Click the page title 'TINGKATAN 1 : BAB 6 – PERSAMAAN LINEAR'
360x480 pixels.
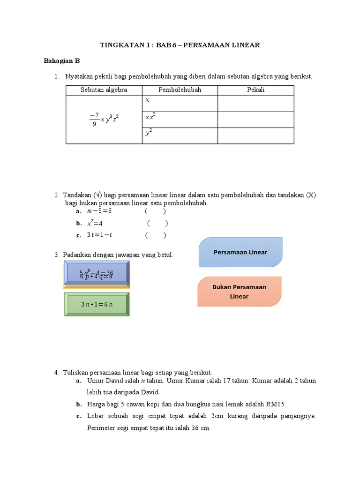click(180, 45)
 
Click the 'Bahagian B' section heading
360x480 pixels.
click(62, 60)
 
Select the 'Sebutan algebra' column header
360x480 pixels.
click(104, 90)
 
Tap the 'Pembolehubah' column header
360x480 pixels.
click(180, 90)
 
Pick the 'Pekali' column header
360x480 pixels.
click(256, 90)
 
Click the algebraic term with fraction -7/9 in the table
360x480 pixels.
click(104, 120)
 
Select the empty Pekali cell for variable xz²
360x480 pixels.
click(256, 120)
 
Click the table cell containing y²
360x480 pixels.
click(180, 135)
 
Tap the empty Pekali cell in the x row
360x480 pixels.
click(256, 104)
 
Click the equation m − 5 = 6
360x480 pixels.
click(99, 211)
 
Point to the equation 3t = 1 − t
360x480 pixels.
click(100, 235)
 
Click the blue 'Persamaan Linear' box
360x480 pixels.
click(240, 252)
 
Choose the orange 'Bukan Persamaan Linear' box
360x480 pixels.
click(239, 292)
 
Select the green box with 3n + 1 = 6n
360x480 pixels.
click(97, 304)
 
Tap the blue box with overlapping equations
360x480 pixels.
click(97, 275)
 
